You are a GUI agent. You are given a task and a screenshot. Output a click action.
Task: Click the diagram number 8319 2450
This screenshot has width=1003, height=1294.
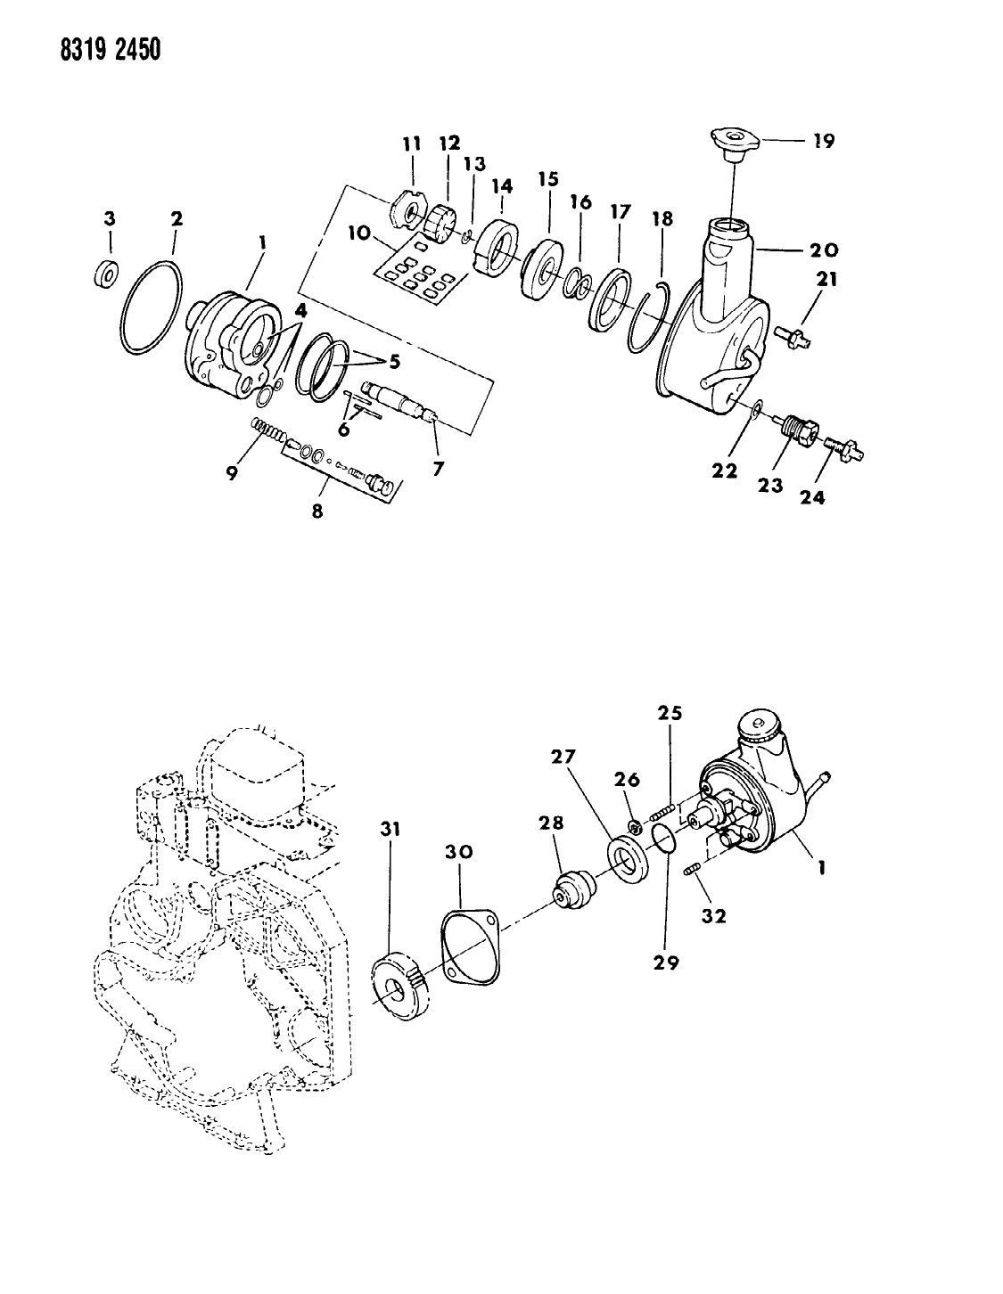click(x=86, y=49)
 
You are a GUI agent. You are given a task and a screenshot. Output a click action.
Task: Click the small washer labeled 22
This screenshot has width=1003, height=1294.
click(x=755, y=409)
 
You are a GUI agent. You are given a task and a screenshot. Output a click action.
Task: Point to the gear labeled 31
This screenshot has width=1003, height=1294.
click(x=400, y=985)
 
